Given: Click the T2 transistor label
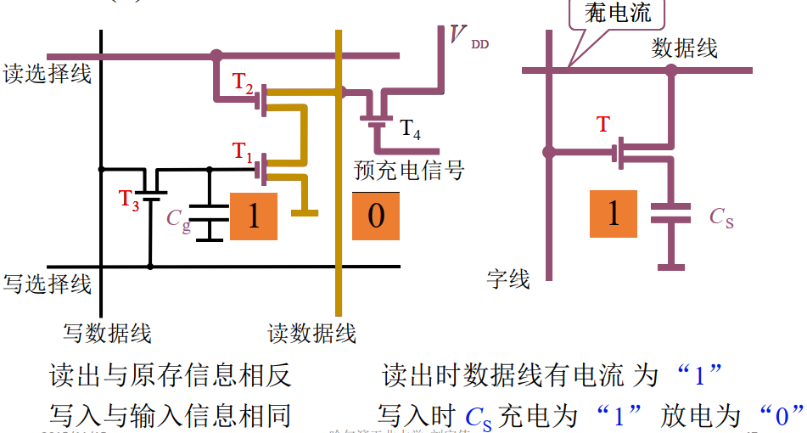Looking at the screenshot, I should point(244,84).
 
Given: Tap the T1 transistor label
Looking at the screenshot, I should point(244,153).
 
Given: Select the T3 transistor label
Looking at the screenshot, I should point(128,200).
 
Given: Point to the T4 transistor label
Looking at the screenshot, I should point(410,129).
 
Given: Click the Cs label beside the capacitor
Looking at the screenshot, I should point(721,217).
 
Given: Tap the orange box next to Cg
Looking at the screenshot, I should point(254,216).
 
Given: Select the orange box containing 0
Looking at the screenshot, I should point(376,216).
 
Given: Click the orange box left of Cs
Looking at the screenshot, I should point(614,213).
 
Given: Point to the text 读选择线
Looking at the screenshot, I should point(47,74).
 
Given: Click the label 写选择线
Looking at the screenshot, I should point(47,283).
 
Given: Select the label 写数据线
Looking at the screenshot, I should point(108,333).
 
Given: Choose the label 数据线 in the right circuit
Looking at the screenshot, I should point(684,48).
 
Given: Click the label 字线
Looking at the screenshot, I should point(508,278).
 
